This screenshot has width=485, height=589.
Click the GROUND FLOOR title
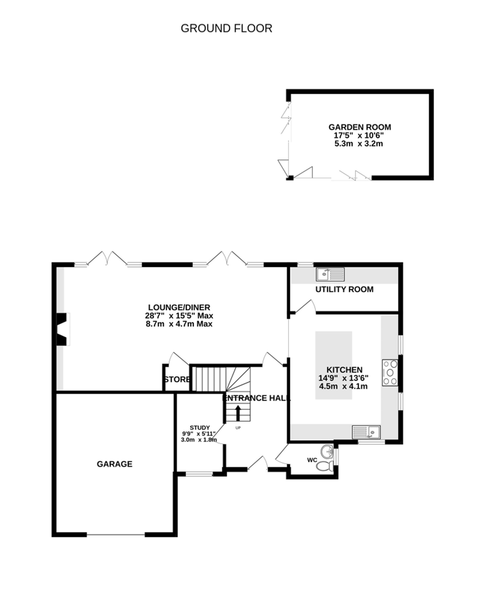[x=226, y=28]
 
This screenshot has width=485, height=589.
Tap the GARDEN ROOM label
[x=360, y=127]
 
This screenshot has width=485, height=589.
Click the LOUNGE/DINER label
[x=179, y=307]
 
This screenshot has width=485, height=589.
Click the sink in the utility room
[x=330, y=274]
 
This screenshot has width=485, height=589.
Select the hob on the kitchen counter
[x=390, y=373]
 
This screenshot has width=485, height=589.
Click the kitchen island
[x=334, y=365]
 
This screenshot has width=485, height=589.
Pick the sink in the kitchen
[x=366, y=432]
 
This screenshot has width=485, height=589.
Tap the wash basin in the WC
[x=327, y=451]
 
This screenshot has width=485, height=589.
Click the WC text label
[x=312, y=460]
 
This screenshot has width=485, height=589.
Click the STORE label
[x=177, y=379]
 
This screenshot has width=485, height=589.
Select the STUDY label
[x=200, y=428]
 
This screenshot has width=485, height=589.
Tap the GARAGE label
[x=114, y=464]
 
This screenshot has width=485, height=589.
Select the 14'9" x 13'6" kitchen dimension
[x=343, y=378]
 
